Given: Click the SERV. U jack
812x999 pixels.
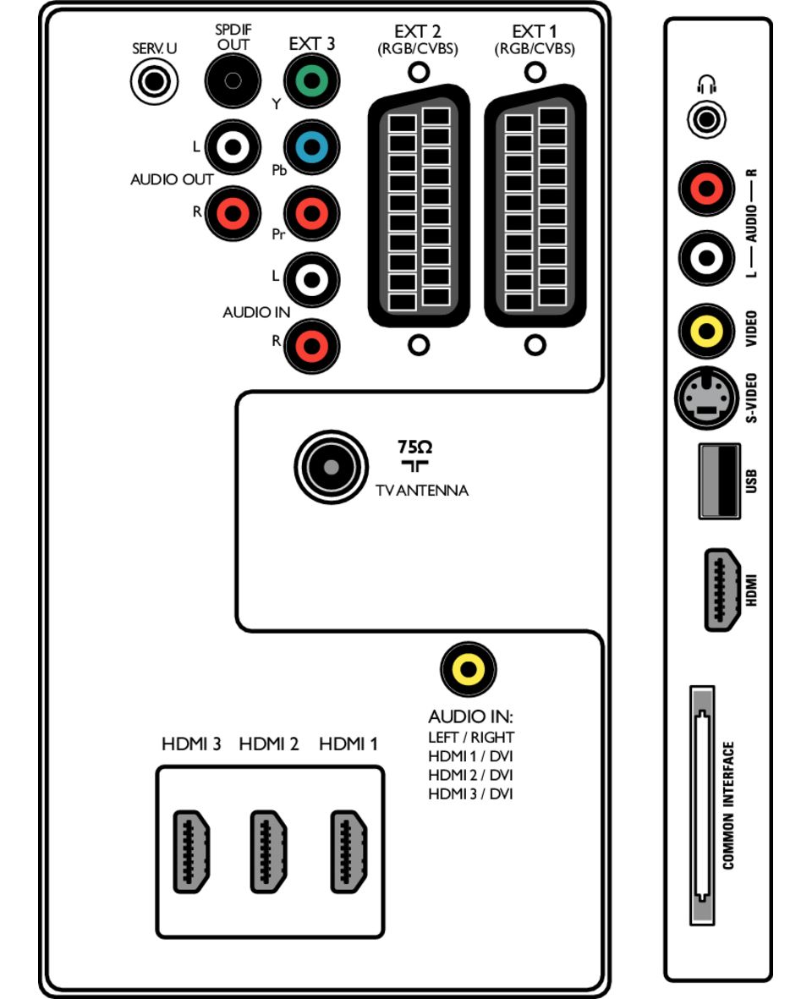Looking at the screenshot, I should [154, 83].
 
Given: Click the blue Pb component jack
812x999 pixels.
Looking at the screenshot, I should [311, 147].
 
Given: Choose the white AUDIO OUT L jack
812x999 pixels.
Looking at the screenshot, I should [233, 147].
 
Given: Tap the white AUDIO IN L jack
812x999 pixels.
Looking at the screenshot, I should [311, 279].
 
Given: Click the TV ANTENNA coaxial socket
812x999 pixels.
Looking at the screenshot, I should [331, 467].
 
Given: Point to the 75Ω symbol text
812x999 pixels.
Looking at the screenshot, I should [414, 447].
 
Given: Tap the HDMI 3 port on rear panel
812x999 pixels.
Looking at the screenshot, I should [191, 851].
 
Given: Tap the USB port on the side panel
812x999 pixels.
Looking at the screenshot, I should [719, 480].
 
